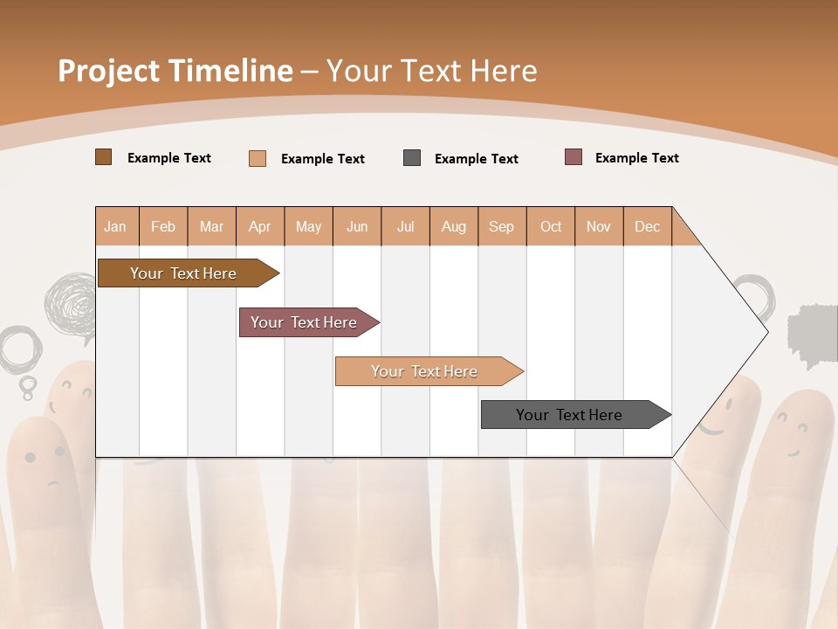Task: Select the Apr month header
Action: [x=260, y=226]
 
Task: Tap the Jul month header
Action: [x=406, y=226]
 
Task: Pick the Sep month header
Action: [x=502, y=226]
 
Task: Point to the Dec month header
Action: [x=648, y=226]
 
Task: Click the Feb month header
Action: [x=163, y=226]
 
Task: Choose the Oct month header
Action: [x=551, y=226]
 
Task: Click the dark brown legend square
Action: [x=103, y=157]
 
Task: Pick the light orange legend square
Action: [x=258, y=158]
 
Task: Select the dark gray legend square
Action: [x=412, y=158]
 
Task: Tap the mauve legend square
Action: [x=574, y=157]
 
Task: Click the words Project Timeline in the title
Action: [x=175, y=71]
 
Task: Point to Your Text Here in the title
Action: [x=432, y=71]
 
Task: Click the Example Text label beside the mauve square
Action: [x=636, y=158]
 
